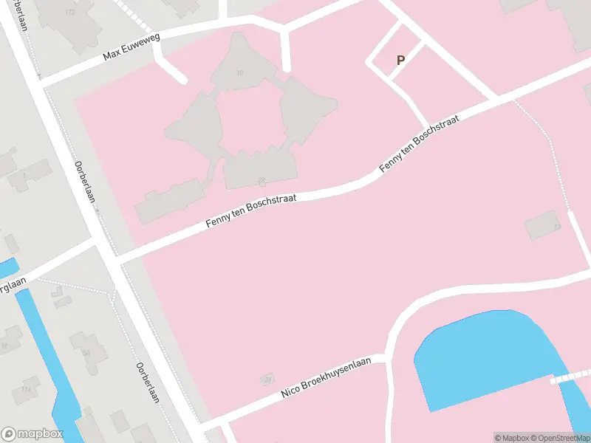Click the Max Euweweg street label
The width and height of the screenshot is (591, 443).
click(x=132, y=48)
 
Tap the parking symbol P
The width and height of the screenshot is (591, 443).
click(x=401, y=61)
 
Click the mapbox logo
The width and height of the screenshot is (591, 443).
click(x=33, y=434)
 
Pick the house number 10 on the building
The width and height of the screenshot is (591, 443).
click(x=239, y=72)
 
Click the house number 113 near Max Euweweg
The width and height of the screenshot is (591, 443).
click(x=71, y=13)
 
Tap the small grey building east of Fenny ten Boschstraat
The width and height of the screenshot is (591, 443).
click(x=543, y=225)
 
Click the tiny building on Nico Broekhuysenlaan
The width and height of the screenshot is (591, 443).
click(x=267, y=380)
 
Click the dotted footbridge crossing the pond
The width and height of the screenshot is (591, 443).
click(x=570, y=377)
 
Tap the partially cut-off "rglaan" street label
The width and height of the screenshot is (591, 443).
click(x=13, y=285)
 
